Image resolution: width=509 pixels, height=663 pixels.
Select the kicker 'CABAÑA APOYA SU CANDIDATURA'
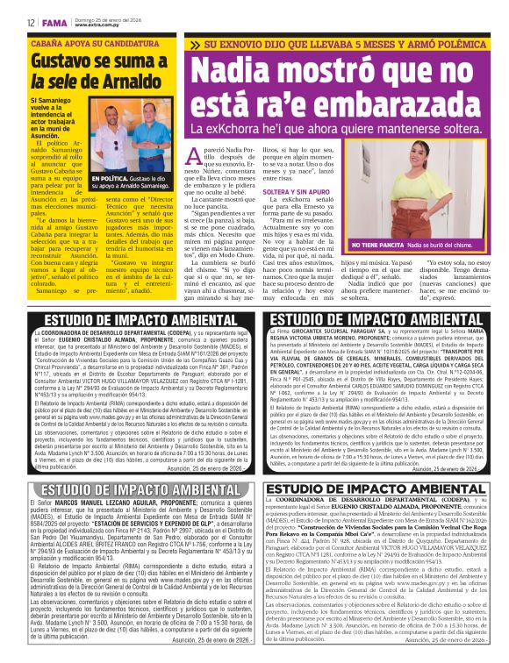pos(89,42)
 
